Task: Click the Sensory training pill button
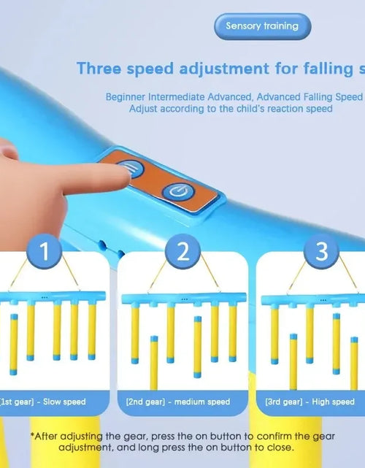pos(263,26)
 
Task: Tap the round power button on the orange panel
pos(178,191)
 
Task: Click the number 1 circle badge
pos(45,251)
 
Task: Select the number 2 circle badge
pos(182,251)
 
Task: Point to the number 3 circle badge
pos(321,251)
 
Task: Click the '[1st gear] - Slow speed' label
pos(43,402)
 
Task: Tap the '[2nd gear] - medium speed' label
pos(178,402)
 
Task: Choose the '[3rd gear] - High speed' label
pos(310,402)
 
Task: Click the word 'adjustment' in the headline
pos(224,69)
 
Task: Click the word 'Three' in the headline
pos(99,69)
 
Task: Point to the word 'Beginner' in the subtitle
pos(126,97)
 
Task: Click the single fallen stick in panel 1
pos(14,345)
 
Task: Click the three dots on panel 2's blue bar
pos(185,299)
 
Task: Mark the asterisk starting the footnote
pos(32,434)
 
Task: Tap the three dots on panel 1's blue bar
pos(45,298)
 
